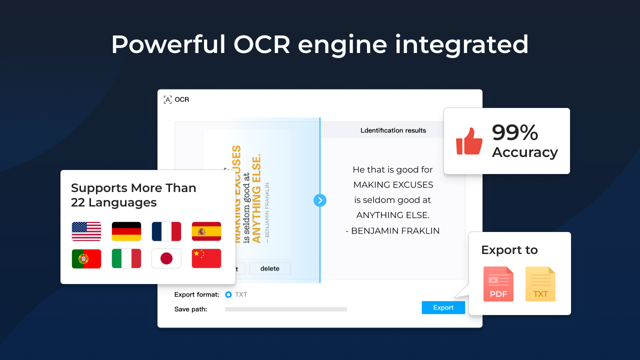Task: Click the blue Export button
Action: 443,307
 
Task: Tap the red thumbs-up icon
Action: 469,141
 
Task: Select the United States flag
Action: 86,231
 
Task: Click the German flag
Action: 126,231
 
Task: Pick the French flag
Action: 166,231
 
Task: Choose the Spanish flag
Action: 206,231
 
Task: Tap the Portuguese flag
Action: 86,258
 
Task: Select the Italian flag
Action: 126,258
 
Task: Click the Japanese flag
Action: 166,258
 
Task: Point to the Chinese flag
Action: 206,258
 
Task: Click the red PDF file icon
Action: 498,284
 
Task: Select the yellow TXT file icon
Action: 540,284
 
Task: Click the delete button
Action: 270,268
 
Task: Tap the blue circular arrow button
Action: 320,200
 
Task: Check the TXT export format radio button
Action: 228,294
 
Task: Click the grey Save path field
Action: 286,309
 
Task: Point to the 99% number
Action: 515,133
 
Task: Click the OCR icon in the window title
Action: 168,99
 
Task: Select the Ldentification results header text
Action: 393,130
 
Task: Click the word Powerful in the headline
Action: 168,45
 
